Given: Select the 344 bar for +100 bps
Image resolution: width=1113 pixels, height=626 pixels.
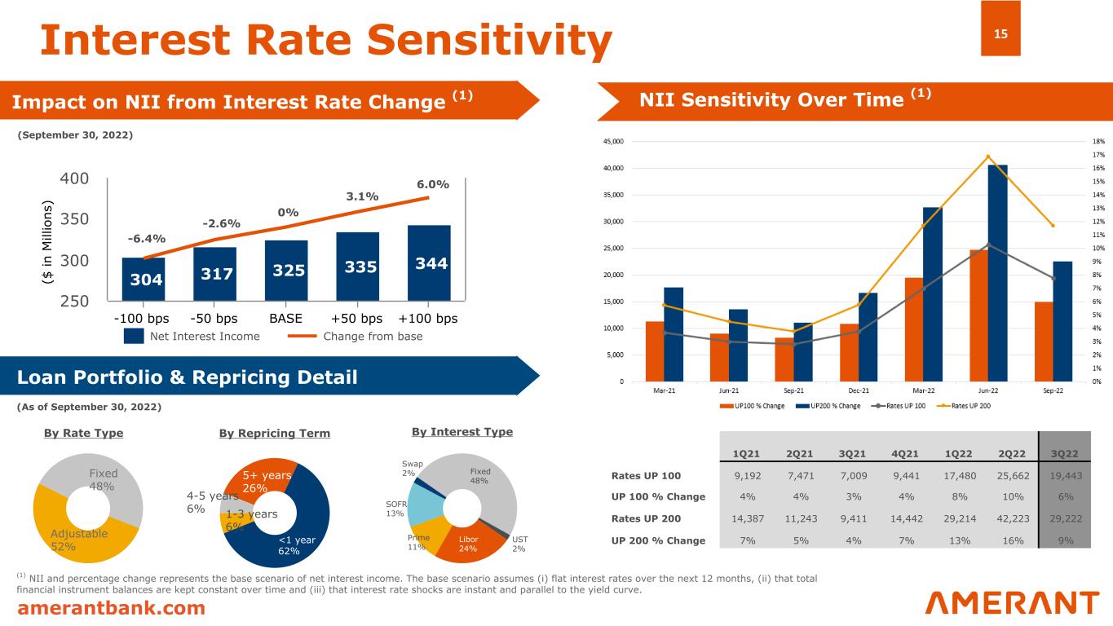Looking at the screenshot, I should [429, 263].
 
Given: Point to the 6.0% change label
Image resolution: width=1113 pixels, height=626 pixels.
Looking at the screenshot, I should [432, 184].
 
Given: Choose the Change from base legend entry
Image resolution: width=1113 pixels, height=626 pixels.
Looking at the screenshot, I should [360, 336].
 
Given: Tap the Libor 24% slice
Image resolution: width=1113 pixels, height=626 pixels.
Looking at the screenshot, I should [468, 544].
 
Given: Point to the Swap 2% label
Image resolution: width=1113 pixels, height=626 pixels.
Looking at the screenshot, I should [409, 468].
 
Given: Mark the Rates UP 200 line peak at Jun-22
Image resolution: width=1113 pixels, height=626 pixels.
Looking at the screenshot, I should [987, 156].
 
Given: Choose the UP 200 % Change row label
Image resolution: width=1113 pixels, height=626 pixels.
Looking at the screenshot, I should [659, 540].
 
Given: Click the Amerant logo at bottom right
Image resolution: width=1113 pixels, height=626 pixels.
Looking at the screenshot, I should [1012, 603].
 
